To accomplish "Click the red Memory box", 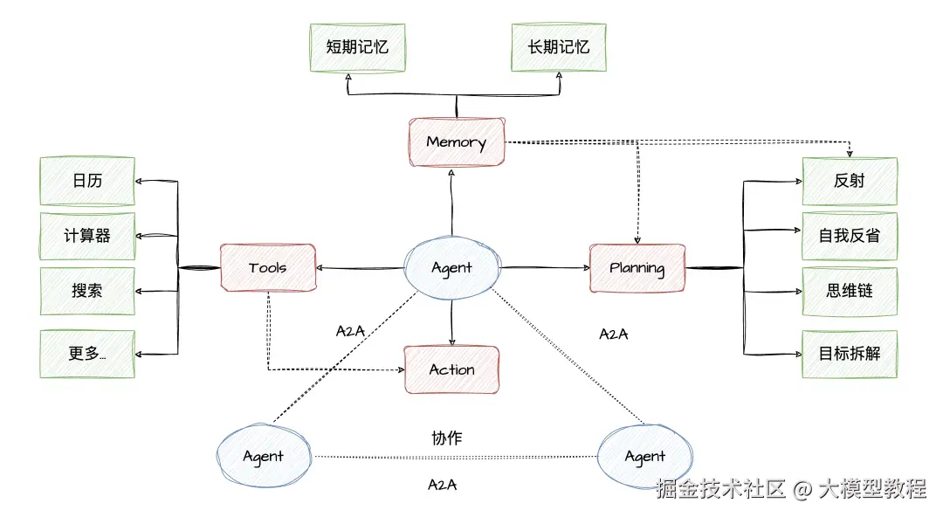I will point(457,141).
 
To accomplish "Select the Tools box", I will point(267,267).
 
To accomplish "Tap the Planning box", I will point(637,268).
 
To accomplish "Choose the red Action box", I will point(451,369).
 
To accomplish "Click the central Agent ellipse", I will point(452,267).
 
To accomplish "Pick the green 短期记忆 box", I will point(357,47).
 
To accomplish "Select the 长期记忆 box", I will point(558,47).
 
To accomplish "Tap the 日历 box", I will point(87,182).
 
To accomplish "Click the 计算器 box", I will point(87,236).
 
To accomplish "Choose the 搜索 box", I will point(87,291).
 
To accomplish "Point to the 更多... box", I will point(87,354).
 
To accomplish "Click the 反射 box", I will point(850,182).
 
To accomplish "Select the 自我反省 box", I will point(850,236).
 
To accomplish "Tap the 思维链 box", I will point(850,291).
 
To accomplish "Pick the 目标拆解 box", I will point(850,354).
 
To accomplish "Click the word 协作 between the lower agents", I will point(446,438).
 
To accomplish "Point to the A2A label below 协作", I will point(443,485).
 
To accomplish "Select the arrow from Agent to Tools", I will point(361,268).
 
